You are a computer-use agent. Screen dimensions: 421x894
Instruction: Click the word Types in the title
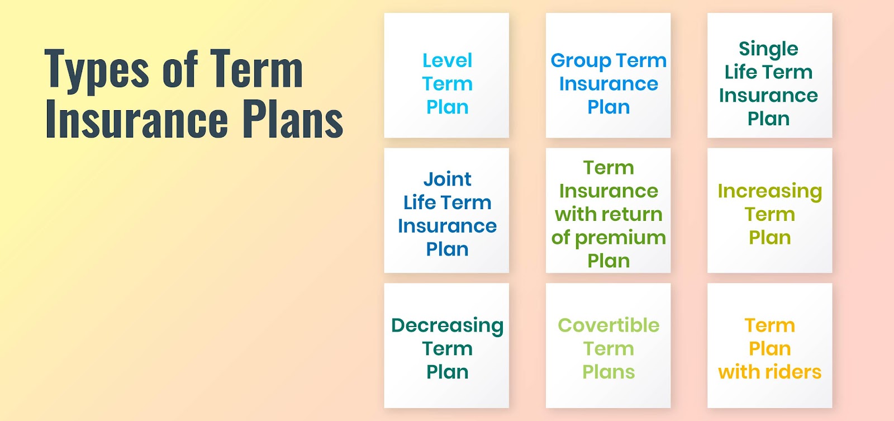click(96, 70)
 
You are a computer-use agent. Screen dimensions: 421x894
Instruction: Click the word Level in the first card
click(447, 60)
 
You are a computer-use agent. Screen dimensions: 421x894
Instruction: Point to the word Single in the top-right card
click(768, 49)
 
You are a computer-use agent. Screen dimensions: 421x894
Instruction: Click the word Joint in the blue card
click(447, 179)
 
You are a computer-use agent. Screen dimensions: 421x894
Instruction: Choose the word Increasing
click(769, 192)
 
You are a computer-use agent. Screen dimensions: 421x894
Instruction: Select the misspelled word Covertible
click(608, 325)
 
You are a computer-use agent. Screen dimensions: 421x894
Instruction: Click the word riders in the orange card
click(793, 372)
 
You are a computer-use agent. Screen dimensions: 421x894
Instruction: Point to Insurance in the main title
click(137, 119)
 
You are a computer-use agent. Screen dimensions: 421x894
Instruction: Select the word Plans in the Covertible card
click(608, 372)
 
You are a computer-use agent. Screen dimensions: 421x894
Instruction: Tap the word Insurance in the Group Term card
click(608, 84)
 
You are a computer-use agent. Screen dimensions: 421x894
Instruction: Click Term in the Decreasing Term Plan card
click(447, 349)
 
